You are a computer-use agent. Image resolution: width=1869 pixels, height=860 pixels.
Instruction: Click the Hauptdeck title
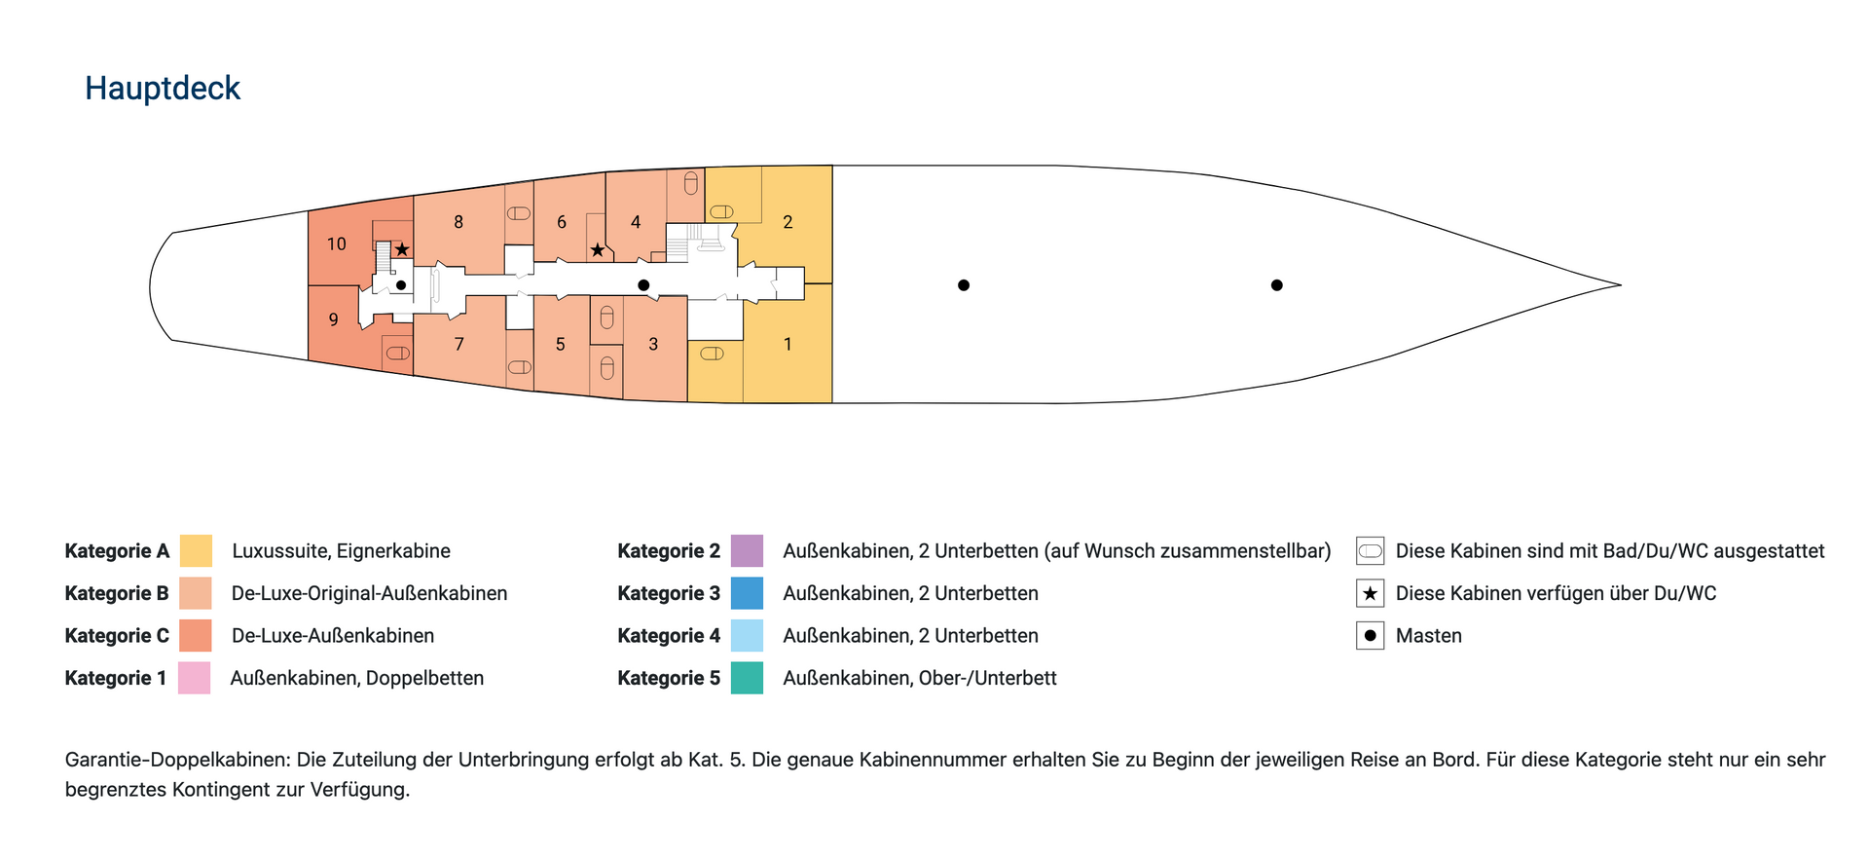pyautogui.click(x=163, y=89)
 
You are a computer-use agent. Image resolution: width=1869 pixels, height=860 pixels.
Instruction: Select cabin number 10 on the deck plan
pyautogui.click(x=337, y=244)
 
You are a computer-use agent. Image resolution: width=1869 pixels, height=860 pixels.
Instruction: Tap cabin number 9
pyautogui.click(x=334, y=320)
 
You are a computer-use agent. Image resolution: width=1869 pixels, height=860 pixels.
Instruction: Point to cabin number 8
pyautogui.click(x=458, y=222)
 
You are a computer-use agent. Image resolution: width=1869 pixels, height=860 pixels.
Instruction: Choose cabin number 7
pyautogui.click(x=459, y=344)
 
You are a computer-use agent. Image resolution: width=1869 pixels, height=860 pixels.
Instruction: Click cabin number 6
pyautogui.click(x=562, y=222)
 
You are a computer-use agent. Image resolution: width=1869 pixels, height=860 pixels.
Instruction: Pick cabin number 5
pyautogui.click(x=561, y=344)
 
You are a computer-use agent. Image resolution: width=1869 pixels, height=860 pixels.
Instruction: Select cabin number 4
pyautogui.click(x=636, y=222)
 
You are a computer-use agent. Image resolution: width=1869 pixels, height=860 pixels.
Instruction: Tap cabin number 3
pyautogui.click(x=653, y=344)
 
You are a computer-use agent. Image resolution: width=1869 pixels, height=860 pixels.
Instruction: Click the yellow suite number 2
pyautogui.click(x=788, y=222)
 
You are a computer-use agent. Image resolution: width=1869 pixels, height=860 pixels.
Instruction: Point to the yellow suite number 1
pyautogui.click(x=788, y=344)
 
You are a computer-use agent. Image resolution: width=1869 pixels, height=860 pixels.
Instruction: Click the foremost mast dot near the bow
pyautogui.click(x=1277, y=285)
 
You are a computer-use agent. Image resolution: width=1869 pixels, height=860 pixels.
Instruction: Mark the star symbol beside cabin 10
pyautogui.click(x=402, y=250)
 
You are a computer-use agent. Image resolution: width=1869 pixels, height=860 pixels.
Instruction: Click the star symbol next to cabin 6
pyautogui.click(x=598, y=250)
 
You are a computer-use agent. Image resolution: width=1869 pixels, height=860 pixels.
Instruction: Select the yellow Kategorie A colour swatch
pyautogui.click(x=197, y=550)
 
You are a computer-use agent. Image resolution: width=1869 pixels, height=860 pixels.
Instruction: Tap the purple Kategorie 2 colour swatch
pyautogui.click(x=748, y=550)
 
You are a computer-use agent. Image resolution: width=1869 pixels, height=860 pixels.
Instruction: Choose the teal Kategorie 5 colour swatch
pyautogui.click(x=748, y=678)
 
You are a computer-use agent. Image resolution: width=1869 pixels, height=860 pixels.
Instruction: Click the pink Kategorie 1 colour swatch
pyautogui.click(x=195, y=678)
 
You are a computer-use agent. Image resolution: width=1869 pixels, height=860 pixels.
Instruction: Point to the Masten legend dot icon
pyautogui.click(x=1371, y=636)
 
